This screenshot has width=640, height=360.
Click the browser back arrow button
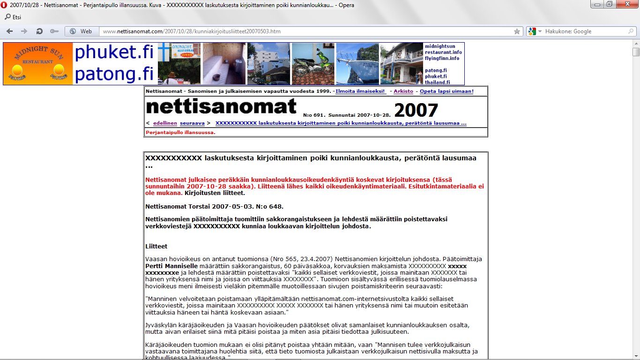pos(9,31)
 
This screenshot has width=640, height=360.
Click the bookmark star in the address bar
pos(517,31)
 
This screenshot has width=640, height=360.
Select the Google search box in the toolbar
pos(586,31)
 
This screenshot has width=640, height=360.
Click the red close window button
pos(629,4)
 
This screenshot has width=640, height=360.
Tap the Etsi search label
pos(17,17)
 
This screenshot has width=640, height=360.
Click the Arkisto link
pos(403,91)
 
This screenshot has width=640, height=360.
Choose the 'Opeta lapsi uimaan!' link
pos(447,91)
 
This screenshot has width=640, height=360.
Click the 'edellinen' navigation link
pos(165,123)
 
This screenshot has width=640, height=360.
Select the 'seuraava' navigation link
pos(192,123)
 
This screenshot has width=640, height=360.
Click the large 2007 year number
pos(416,111)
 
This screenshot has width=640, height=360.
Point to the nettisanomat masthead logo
pos(221,107)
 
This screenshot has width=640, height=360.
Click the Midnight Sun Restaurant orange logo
pos(38,64)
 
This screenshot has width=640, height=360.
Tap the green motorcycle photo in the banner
pos(313,64)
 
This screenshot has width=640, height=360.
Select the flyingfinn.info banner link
pos(442,58)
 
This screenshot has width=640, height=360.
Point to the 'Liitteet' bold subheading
pos(156,247)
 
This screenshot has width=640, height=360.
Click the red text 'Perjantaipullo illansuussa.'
pos(180,133)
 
